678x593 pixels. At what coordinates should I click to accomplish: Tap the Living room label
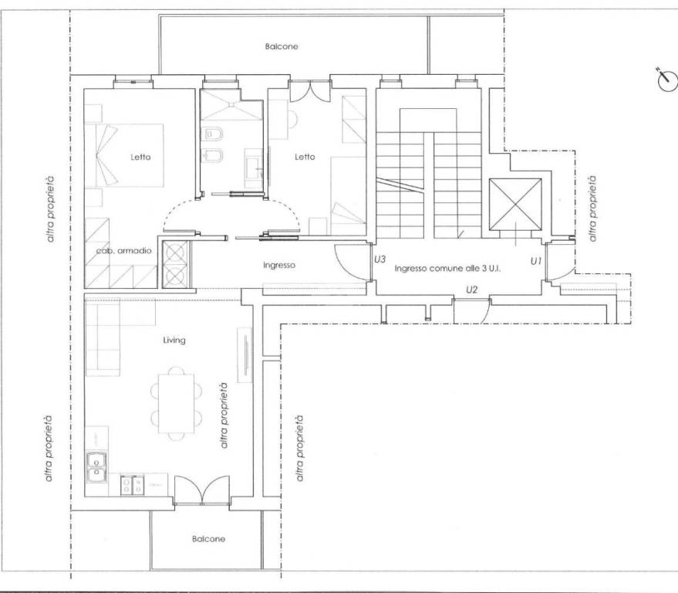coord(174,341)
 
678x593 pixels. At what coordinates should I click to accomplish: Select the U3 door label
coord(379,259)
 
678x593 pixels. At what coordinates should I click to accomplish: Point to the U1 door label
coord(536,261)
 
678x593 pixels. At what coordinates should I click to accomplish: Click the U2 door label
coord(472,290)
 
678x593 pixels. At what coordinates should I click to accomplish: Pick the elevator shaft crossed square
coord(515,205)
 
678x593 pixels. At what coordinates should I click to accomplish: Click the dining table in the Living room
coord(176,403)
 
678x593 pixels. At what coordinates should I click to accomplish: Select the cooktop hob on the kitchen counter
coord(132,485)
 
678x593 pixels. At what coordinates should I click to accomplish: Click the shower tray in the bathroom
coord(231,105)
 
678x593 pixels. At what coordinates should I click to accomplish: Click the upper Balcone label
coord(282,46)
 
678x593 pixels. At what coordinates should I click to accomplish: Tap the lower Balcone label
coord(208,539)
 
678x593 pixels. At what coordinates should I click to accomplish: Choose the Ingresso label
coord(279,265)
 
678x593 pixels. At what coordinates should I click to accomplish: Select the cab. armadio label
coord(123,251)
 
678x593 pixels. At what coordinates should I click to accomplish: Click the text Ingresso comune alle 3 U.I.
coord(447,269)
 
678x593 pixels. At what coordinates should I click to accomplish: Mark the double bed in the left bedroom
coord(124,155)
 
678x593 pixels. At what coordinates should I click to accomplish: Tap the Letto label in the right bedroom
coord(305,157)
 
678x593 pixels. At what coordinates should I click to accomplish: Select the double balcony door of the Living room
coord(201,490)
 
